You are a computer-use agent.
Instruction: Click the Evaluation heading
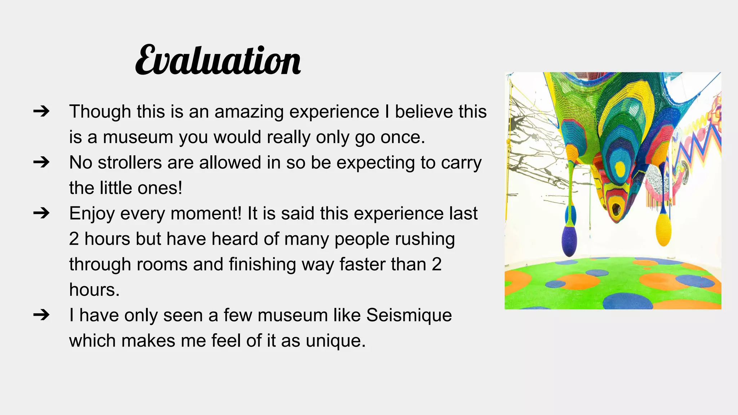pyautogui.click(x=218, y=61)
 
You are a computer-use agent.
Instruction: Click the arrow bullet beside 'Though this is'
pyautogui.click(x=41, y=111)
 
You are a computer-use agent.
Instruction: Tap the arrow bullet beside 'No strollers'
pyautogui.click(x=41, y=162)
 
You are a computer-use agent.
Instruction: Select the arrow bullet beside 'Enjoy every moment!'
pyautogui.click(x=41, y=213)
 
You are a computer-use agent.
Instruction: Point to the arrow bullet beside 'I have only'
pyautogui.click(x=41, y=315)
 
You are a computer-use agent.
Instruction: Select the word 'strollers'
pyautogui.click(x=130, y=162)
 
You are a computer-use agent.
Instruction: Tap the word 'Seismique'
pyautogui.click(x=409, y=315)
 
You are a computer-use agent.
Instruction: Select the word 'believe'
pyautogui.click(x=424, y=112)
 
